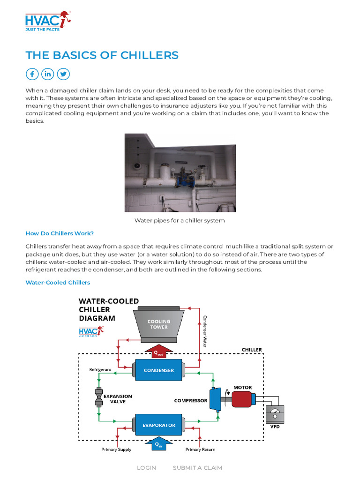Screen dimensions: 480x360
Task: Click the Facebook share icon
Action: point(32,74)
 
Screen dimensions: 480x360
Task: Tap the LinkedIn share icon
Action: point(47,74)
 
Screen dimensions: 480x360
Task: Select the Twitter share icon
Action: point(63,74)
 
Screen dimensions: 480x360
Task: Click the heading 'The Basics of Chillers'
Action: point(102,55)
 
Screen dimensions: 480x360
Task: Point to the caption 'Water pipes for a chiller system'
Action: point(180,220)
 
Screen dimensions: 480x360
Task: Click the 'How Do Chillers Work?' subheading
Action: point(60,233)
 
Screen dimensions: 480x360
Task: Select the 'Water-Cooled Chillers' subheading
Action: point(58,283)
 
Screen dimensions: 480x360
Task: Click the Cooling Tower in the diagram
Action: point(159,323)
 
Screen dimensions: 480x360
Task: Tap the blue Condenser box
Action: point(159,370)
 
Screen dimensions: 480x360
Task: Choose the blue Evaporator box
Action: point(159,425)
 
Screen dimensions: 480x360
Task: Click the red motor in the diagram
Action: point(241,399)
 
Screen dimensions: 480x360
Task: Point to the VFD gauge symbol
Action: point(275,415)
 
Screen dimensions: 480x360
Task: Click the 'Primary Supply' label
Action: point(116,450)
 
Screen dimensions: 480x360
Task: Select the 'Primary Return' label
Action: point(200,450)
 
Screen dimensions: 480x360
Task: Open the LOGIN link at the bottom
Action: point(146,468)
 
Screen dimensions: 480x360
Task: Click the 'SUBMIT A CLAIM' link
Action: point(197,468)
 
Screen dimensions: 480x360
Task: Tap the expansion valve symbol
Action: point(99,398)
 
